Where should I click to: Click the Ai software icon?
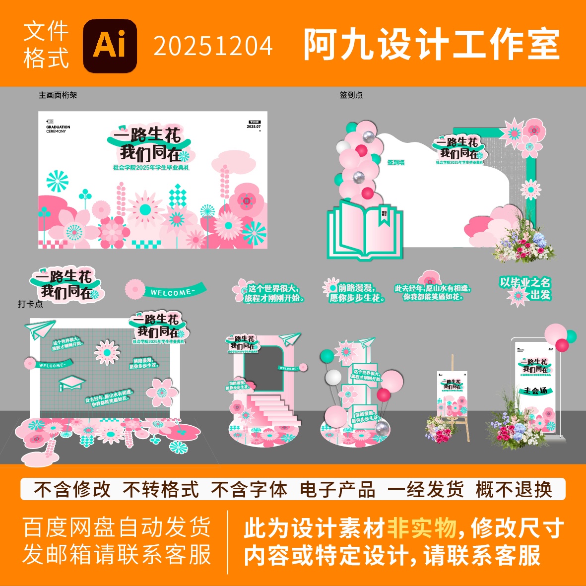tap(110, 46)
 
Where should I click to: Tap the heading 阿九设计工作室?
tap(432, 45)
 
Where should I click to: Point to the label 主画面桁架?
tap(58, 95)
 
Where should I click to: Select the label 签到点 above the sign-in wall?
tap(351, 95)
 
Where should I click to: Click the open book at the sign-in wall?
tap(365, 229)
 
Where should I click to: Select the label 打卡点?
tap(30, 304)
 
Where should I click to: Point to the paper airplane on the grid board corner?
tap(40, 328)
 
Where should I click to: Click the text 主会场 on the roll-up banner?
tap(535, 391)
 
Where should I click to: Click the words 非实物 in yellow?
tap(421, 527)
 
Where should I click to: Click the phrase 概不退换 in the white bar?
tap(514, 490)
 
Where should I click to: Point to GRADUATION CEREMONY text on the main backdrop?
tap(58, 129)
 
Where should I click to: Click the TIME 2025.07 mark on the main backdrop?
tap(254, 124)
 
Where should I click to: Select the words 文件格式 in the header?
tap(46, 45)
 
